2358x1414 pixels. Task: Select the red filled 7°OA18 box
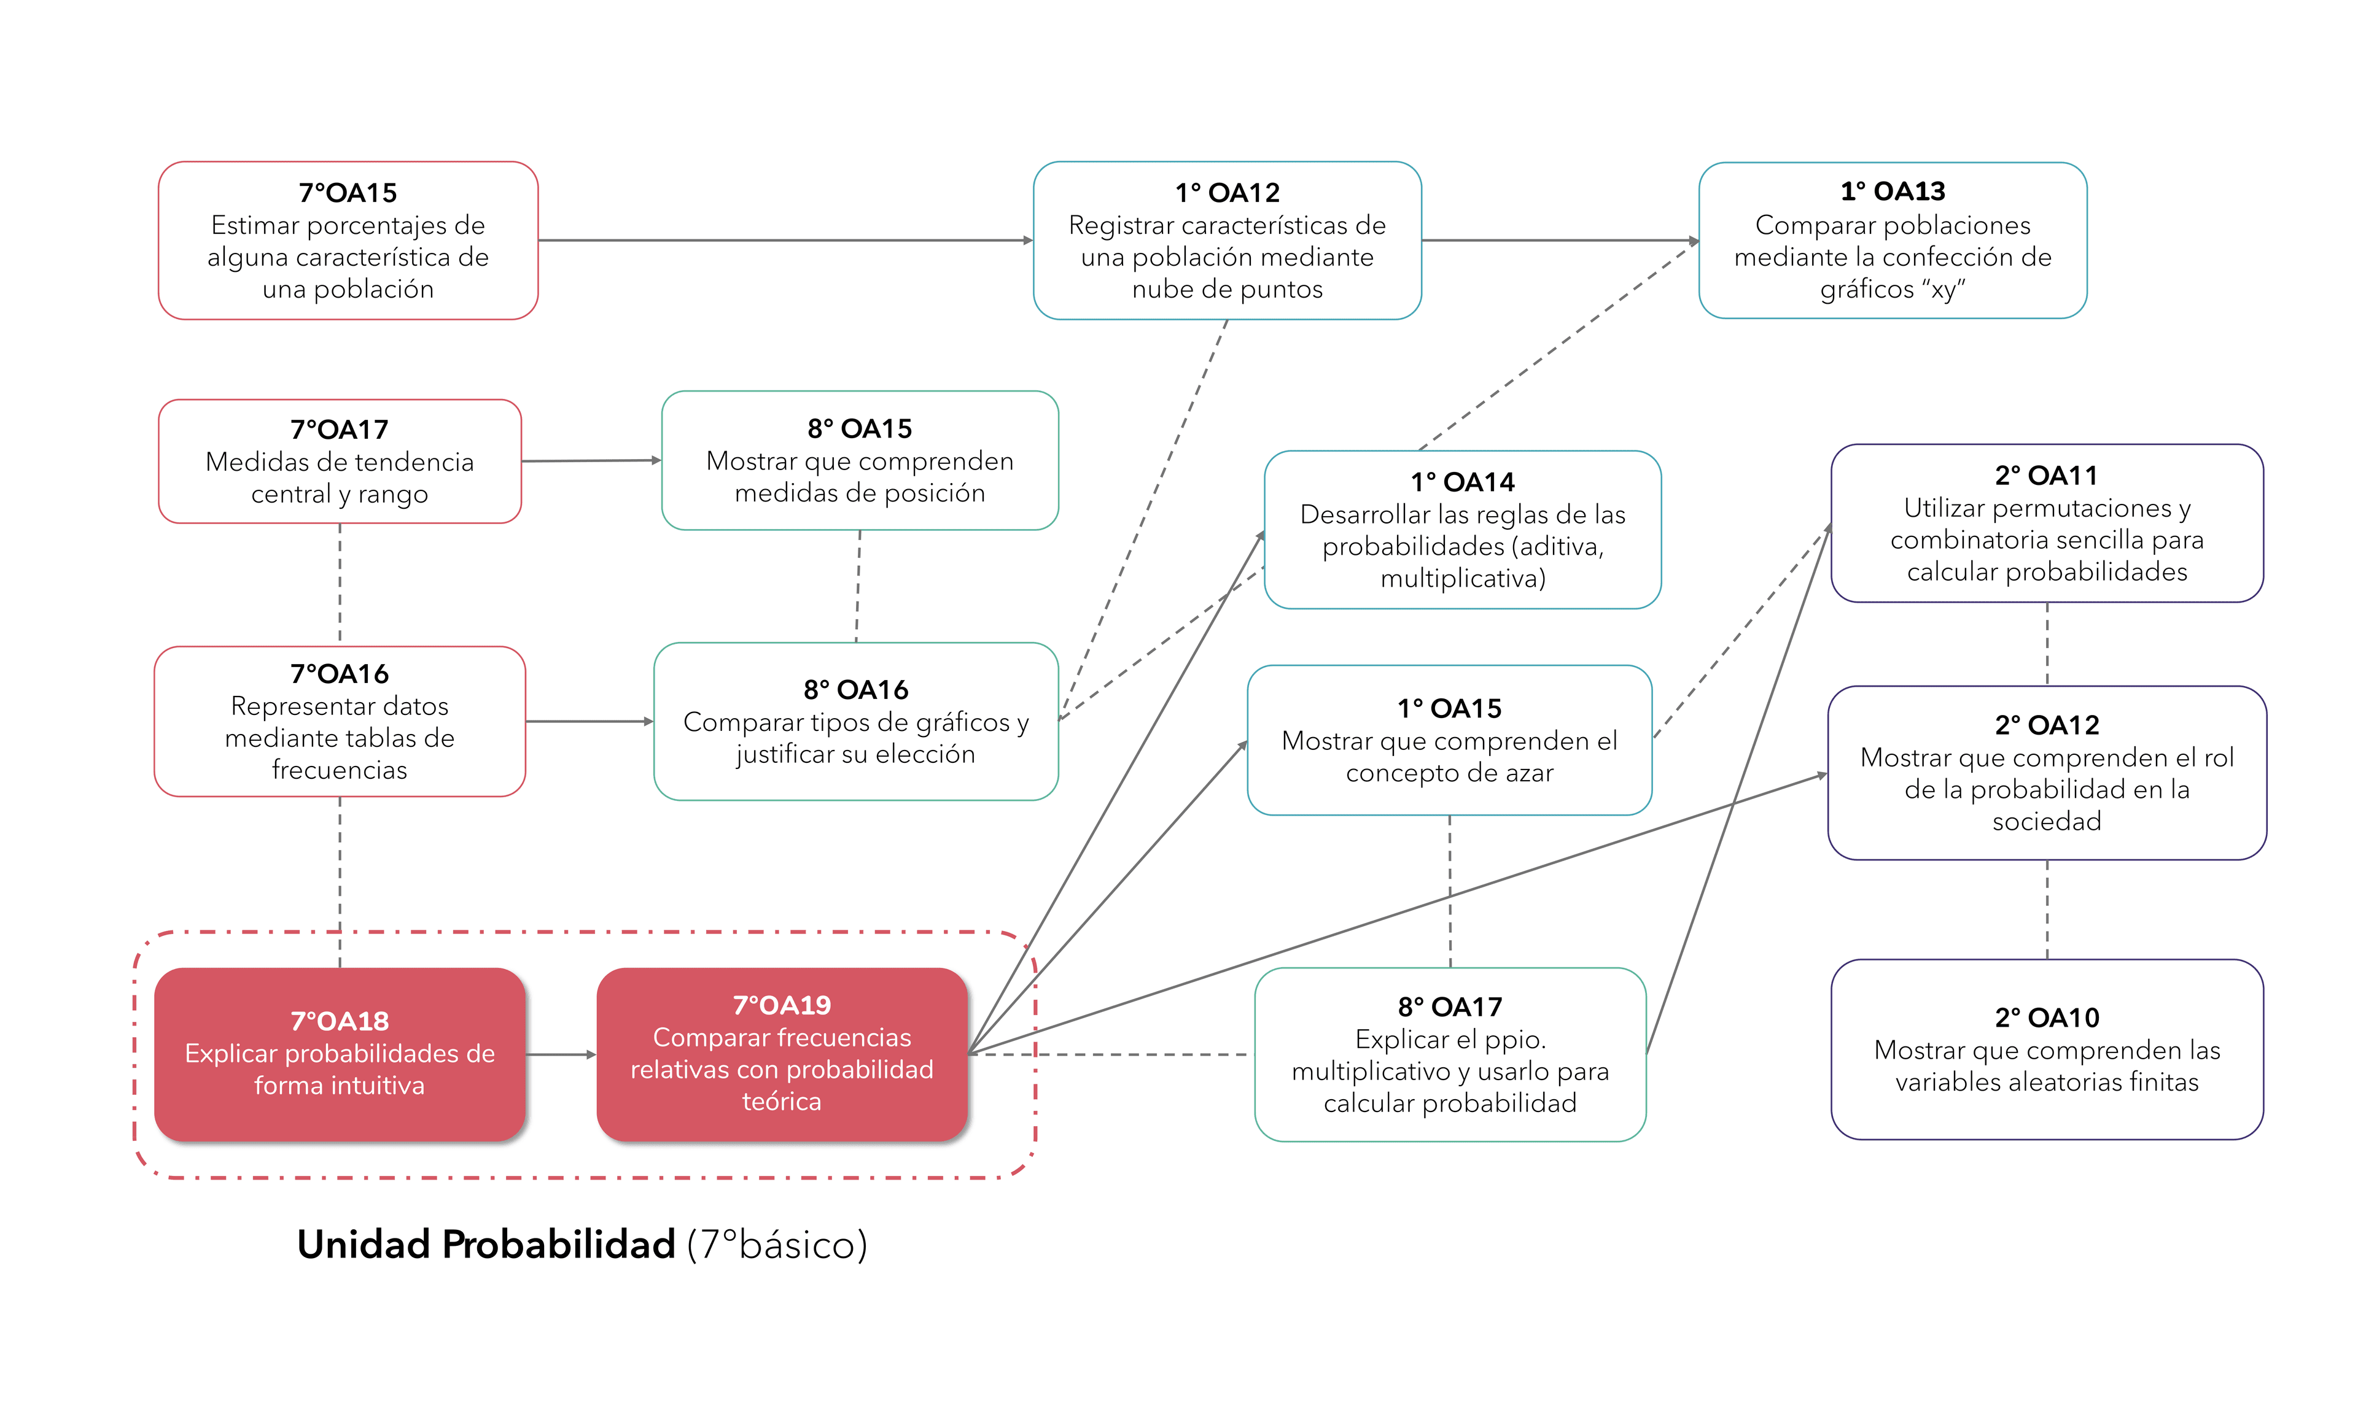340,1054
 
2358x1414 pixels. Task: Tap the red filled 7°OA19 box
782,1054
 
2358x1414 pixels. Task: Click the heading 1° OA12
1227,193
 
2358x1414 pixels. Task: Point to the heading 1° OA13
1892,191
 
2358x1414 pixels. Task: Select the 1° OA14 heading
1462,482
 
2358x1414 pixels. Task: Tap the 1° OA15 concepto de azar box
1449,740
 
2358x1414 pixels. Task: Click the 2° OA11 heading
2045,476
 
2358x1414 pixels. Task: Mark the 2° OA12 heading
2046,725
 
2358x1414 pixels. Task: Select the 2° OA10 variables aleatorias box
2046,1049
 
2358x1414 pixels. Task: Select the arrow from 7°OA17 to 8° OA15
591,461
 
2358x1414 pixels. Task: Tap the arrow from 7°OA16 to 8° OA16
589,721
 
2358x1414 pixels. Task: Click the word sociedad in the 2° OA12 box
2046,821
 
